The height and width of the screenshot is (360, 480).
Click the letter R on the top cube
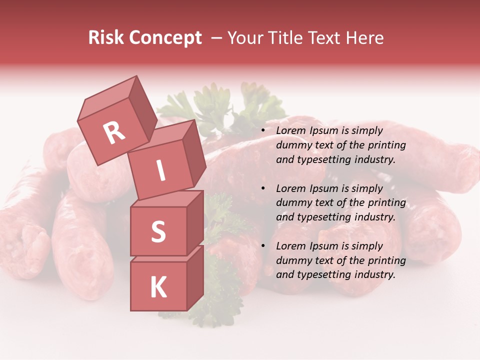click(114, 132)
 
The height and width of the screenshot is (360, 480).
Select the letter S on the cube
click(158, 231)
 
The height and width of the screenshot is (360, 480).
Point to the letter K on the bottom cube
click(158, 287)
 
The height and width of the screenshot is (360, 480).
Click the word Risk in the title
click(106, 38)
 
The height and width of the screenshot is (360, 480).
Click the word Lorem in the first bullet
click(290, 131)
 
